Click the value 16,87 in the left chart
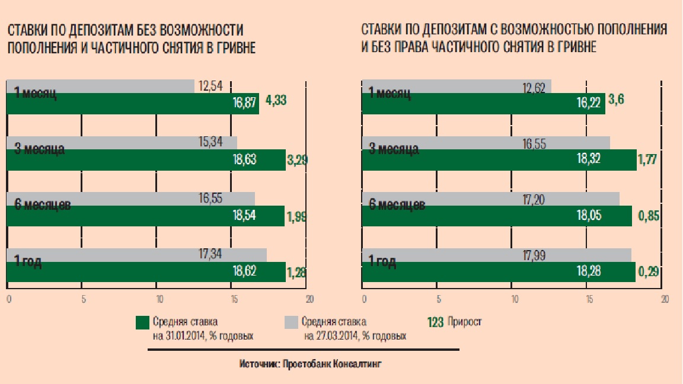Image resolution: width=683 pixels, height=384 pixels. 245,104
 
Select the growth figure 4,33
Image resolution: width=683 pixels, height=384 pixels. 277,101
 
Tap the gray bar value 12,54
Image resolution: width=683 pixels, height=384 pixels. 212,87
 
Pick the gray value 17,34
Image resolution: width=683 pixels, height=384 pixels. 210,255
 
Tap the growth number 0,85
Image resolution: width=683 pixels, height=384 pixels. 648,216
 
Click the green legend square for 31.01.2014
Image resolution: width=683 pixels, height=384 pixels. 142,322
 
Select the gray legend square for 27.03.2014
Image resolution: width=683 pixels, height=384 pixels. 291,322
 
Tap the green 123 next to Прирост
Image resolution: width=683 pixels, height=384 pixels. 436,322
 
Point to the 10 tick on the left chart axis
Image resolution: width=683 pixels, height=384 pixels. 158,299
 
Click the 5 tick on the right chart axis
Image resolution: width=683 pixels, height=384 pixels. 438,299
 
